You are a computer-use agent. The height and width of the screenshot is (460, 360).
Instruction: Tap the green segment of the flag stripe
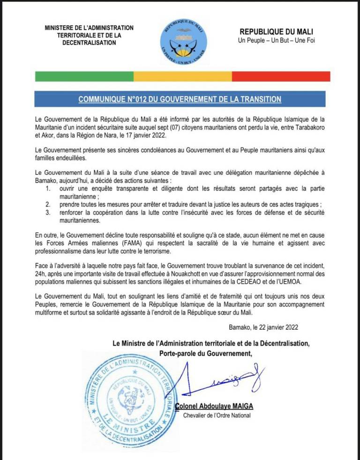coord(84,76)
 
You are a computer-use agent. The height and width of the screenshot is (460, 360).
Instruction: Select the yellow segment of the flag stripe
coord(182,76)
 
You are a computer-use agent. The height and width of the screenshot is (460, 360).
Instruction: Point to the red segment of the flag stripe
coord(281,76)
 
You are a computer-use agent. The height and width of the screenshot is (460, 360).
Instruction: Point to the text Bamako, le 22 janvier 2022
coord(264,328)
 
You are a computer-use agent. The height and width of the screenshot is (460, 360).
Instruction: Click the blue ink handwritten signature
coord(220,379)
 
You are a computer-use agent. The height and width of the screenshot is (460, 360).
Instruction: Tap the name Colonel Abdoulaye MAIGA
coord(216,407)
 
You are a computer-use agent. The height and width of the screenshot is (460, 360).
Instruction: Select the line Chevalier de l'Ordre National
coord(217,415)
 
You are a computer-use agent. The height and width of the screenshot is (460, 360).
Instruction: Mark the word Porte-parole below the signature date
coord(178,353)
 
